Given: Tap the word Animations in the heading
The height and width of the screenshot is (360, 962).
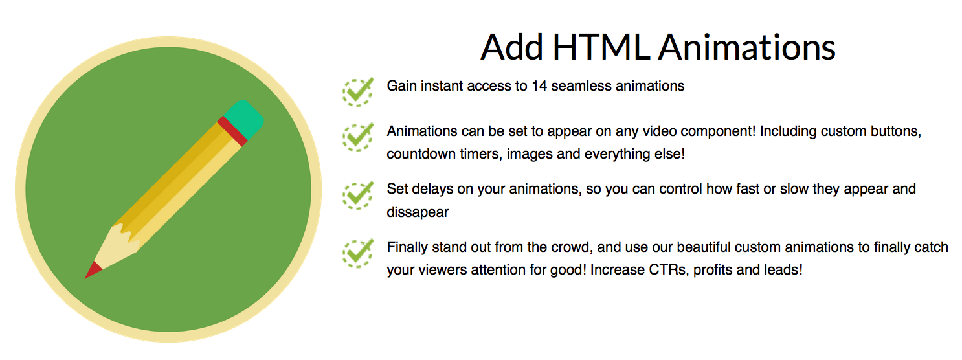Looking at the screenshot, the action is click(x=747, y=47).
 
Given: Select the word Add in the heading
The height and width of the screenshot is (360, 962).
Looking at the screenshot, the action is click(x=512, y=47).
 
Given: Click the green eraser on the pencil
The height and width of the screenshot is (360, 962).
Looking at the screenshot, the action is click(x=243, y=119).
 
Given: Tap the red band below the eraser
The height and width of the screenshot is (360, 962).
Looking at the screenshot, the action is click(x=232, y=131).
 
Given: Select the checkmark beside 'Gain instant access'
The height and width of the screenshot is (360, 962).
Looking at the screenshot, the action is click(x=358, y=93).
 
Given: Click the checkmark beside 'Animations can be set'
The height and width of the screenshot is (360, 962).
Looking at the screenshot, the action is click(x=358, y=137).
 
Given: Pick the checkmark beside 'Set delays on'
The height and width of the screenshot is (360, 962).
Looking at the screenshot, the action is click(x=358, y=196).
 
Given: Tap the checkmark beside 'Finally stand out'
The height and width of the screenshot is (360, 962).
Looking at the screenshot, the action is click(x=358, y=253).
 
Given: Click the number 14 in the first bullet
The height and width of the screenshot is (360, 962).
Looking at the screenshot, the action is click(x=539, y=86).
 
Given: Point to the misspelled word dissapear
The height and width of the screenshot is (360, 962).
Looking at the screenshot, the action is click(x=418, y=212).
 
